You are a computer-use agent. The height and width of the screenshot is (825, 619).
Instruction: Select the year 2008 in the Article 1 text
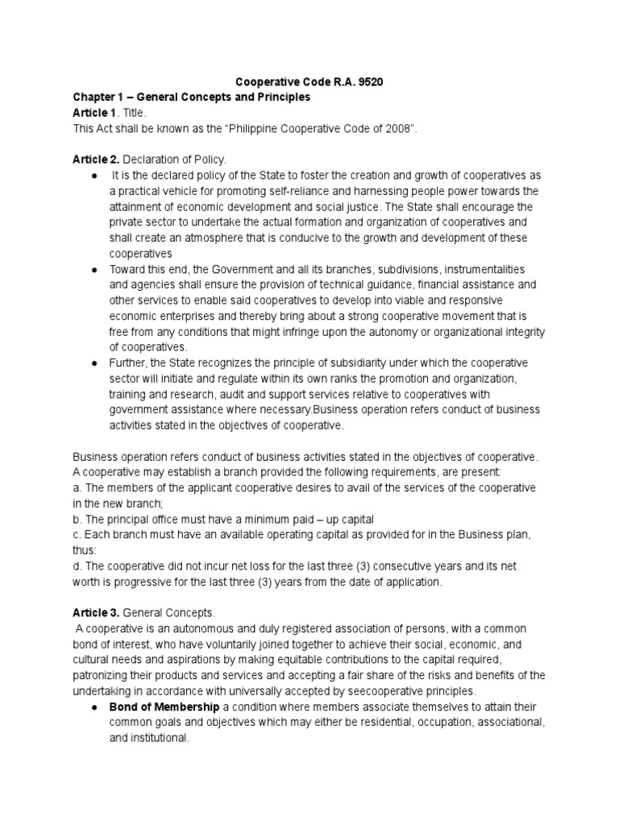click(x=410, y=129)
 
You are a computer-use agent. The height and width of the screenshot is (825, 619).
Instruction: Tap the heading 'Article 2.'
click(x=96, y=160)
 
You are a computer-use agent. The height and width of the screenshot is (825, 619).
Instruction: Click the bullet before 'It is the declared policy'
click(x=96, y=176)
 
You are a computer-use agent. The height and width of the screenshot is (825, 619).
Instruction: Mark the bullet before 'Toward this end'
click(x=96, y=269)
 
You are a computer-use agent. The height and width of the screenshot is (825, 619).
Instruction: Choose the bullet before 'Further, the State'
click(x=96, y=363)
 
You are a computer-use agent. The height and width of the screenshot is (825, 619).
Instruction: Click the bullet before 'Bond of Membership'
click(x=96, y=707)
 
